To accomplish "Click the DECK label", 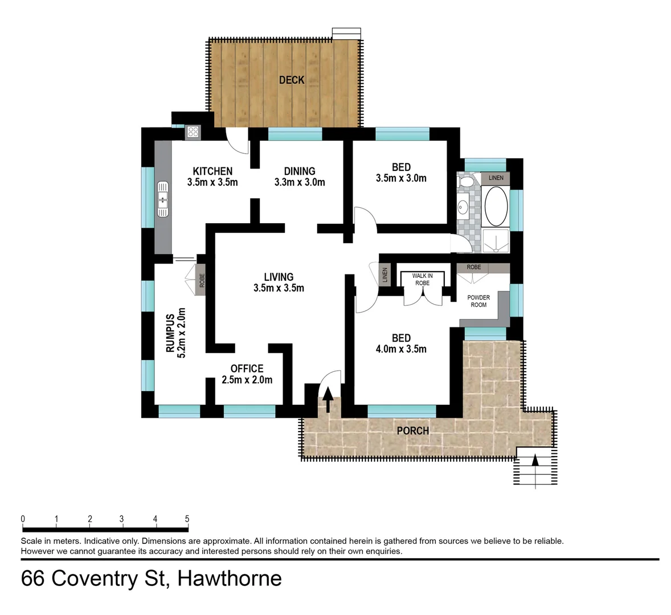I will tap(291, 80).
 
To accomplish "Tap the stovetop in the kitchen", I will tap(193, 132).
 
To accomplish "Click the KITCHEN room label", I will tap(212, 171).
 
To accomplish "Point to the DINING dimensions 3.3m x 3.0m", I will tap(300, 182).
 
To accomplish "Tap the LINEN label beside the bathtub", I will tap(496, 178).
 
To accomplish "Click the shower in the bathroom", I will tap(496, 240).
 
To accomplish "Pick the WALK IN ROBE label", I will tap(422, 279).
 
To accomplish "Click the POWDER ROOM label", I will tap(478, 301).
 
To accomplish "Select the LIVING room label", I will tap(279, 277).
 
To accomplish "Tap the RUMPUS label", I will tap(170, 334).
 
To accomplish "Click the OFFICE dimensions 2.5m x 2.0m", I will tap(247, 380).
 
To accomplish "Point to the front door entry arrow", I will tap(328, 400).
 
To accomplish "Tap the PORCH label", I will tap(412, 430).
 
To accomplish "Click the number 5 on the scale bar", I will tap(187, 519).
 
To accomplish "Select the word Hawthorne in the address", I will tap(230, 579).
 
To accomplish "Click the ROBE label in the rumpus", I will tap(202, 280).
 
